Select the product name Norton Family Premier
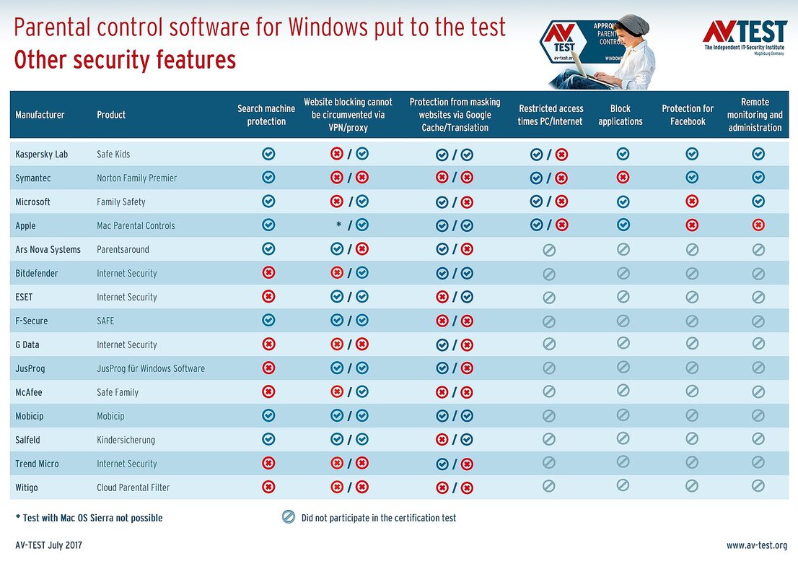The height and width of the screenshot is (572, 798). (x=136, y=178)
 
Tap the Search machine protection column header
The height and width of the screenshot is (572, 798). (x=266, y=115)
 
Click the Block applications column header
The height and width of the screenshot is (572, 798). (x=621, y=115)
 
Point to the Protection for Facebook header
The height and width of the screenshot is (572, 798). (x=688, y=115)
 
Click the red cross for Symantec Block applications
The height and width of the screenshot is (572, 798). (x=623, y=178)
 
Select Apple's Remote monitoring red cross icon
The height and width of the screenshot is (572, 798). (x=758, y=225)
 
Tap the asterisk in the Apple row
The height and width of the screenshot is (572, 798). (x=338, y=225)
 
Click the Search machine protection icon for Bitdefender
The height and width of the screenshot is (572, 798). (x=268, y=273)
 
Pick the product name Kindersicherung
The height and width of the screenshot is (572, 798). (x=126, y=440)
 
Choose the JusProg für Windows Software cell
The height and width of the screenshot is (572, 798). (x=151, y=368)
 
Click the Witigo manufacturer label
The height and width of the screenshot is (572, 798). (x=27, y=487)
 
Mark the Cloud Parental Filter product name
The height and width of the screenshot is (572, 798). (x=133, y=487)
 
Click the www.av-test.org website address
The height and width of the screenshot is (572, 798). (x=757, y=545)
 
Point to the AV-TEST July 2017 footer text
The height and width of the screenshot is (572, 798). (x=48, y=545)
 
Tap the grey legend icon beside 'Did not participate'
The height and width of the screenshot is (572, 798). (x=289, y=517)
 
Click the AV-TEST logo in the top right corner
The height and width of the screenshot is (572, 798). (x=745, y=32)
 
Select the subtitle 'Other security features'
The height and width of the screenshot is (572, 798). (x=125, y=60)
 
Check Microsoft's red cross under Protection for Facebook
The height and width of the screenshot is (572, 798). (x=692, y=201)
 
